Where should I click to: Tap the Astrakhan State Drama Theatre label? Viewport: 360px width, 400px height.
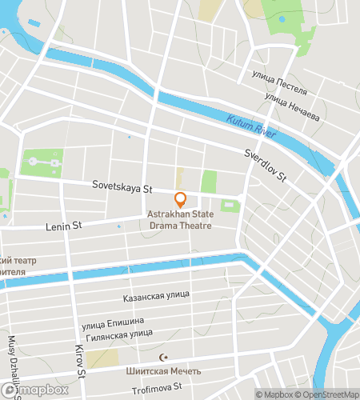pos(180,219)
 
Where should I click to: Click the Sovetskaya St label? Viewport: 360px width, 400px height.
pos(121,189)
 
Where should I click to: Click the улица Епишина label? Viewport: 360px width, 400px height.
pos(113,323)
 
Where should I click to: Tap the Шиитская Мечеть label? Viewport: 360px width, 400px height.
pos(163,371)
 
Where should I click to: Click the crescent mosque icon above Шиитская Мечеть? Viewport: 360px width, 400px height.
pos(165,358)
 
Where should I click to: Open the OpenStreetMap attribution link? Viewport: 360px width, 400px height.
pos(328,394)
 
